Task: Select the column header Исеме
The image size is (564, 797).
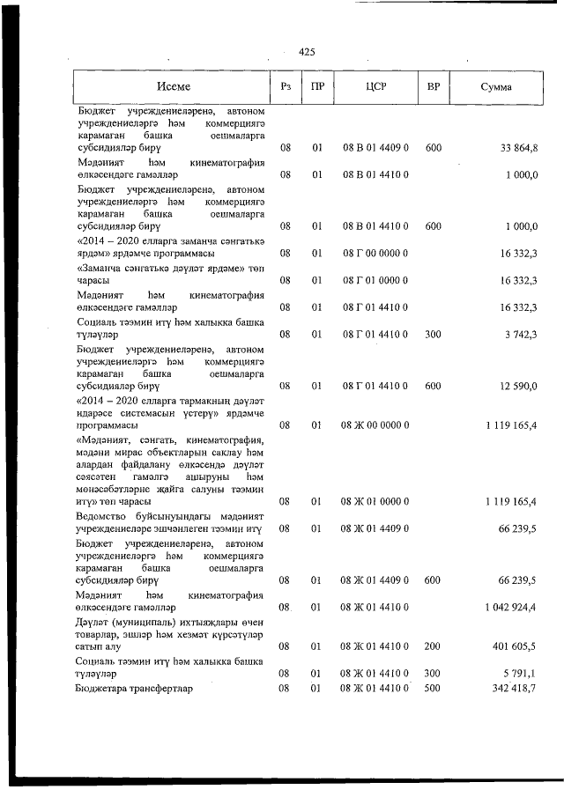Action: click(x=174, y=86)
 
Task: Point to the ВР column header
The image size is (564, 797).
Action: click(x=433, y=86)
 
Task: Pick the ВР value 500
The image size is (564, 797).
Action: click(x=433, y=687)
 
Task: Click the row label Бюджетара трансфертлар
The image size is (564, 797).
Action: click(x=133, y=687)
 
